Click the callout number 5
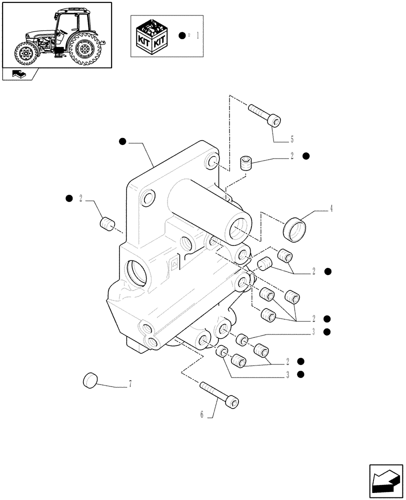(x=291, y=139)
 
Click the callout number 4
(x=330, y=209)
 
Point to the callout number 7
(x=130, y=384)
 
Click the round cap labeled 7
(x=90, y=380)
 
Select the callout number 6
(x=202, y=414)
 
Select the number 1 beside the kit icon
(x=198, y=36)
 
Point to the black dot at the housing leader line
(x=122, y=142)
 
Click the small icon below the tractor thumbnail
(x=18, y=74)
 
